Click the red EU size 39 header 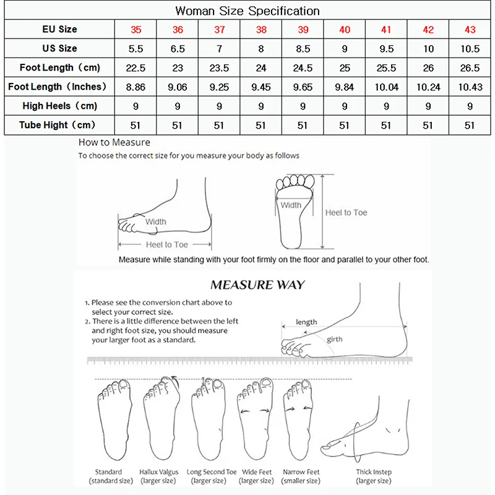click(x=303, y=29)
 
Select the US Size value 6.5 click(x=178, y=48)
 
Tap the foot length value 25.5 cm click(x=386, y=67)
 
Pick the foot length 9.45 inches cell click(x=260, y=87)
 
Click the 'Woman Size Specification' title click(x=247, y=11)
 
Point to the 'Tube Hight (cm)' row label click(x=58, y=125)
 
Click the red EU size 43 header click(x=470, y=29)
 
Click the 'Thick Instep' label click(x=373, y=472)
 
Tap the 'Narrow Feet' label click(x=301, y=472)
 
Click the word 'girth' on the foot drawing click(x=335, y=339)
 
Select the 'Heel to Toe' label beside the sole click(x=346, y=212)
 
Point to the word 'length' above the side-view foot click(x=306, y=322)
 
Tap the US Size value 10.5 click(x=470, y=48)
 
